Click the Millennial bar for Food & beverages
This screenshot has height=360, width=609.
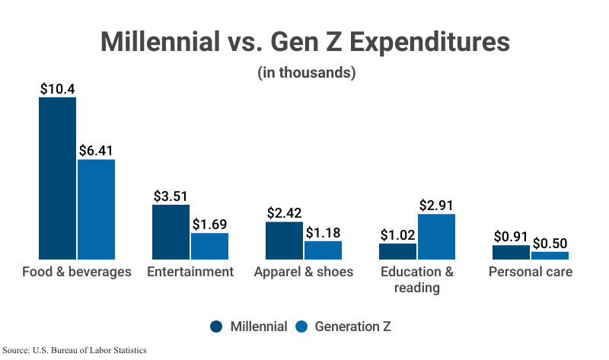tap(58, 178)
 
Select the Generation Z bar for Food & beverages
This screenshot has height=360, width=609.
tap(96, 209)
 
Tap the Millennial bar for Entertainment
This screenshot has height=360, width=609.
tap(171, 232)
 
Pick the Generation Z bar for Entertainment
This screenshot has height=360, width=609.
tap(209, 246)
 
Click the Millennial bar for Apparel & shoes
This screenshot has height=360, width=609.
tap(285, 241)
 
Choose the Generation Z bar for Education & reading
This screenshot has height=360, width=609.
tap(436, 237)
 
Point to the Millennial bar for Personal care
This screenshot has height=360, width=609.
tap(512, 252)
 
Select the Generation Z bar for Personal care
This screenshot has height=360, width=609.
tap(550, 256)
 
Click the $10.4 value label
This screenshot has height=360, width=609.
tap(58, 88)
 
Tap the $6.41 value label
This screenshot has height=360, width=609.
tap(96, 150)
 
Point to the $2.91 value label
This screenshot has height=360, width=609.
tap(436, 205)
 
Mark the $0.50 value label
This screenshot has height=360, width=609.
tap(550, 244)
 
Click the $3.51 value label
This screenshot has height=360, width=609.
tap(171, 196)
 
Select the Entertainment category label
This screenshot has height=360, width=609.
tap(190, 272)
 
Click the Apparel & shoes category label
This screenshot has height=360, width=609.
tap(304, 272)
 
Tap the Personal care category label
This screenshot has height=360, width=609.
tap(531, 272)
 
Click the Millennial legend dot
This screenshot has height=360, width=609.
tap(217, 327)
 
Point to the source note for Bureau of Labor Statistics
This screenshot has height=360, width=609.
tap(74, 350)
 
